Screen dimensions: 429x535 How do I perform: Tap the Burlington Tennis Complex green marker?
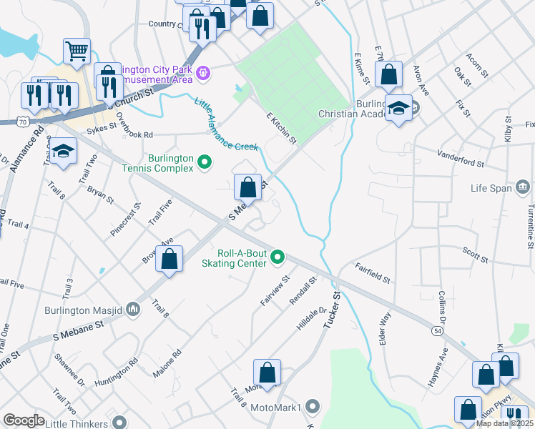pos(205,163)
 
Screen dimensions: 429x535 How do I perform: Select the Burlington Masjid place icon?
pos(133,310)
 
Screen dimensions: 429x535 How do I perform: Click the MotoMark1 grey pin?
pos(312,407)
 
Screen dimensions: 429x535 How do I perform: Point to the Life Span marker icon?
pos(523,187)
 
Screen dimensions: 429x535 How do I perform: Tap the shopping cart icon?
pos(77,51)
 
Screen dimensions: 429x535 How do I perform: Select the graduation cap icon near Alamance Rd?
pos(63,151)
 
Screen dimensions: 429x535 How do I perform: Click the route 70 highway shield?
pos(25,122)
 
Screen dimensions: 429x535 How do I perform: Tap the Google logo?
pos(24,420)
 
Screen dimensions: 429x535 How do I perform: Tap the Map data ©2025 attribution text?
pos(504,423)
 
